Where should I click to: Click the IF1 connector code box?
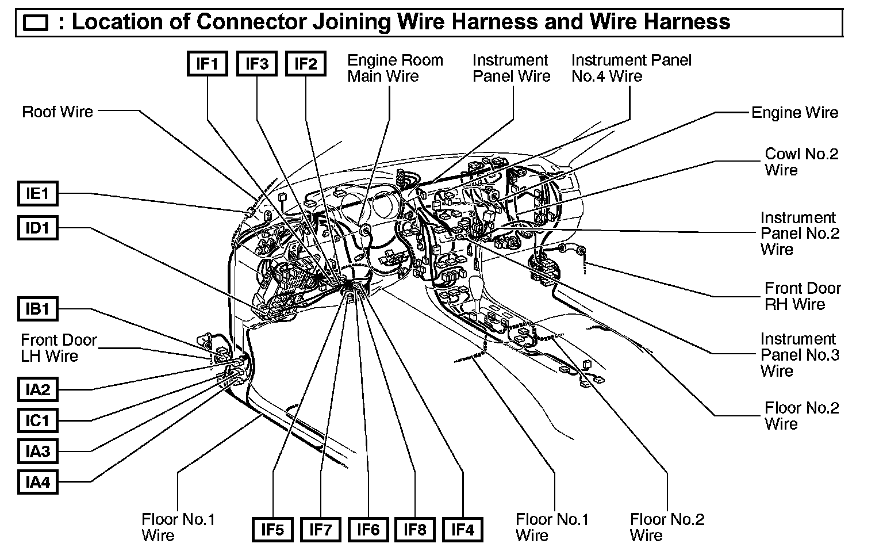(208, 64)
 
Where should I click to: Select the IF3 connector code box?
(256, 64)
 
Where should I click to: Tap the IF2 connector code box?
(305, 64)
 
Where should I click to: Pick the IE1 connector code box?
(37, 194)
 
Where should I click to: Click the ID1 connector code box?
(37, 228)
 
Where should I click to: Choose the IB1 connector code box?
(37, 309)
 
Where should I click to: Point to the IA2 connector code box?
(37, 389)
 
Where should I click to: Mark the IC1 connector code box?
(37, 420)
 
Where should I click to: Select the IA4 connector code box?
(37, 482)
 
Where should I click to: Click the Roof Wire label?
(57, 112)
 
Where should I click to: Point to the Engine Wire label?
(794, 113)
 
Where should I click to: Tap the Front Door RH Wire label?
(802, 296)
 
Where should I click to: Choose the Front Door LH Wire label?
(59, 348)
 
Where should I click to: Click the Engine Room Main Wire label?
(395, 68)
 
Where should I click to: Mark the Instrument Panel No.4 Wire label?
(631, 68)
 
